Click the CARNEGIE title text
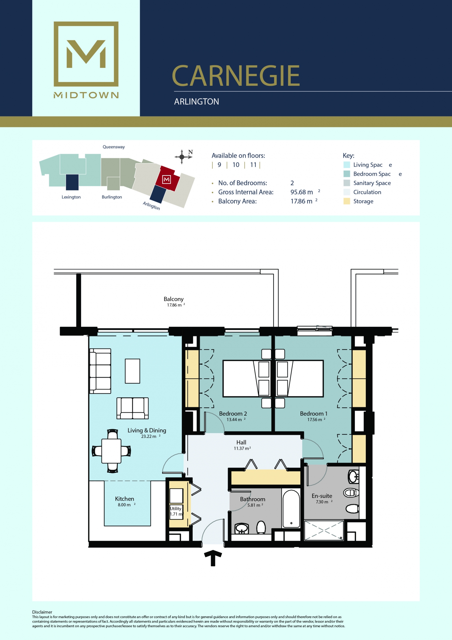[x=236, y=76]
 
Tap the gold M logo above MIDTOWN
[x=86, y=54]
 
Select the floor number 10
[x=236, y=165]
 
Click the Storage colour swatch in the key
[x=347, y=201]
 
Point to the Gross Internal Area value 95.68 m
[x=302, y=192]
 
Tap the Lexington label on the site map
[x=71, y=197]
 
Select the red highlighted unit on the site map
[x=167, y=179]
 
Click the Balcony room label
[x=173, y=299]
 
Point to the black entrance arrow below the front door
[x=213, y=558]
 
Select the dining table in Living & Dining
[x=112, y=451]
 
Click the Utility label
[x=175, y=508]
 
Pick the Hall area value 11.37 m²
[x=242, y=448]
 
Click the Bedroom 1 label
[x=314, y=414]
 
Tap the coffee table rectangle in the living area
[x=132, y=371]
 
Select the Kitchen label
[x=125, y=499]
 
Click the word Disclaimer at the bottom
[x=42, y=612]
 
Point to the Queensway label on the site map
[x=114, y=147]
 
